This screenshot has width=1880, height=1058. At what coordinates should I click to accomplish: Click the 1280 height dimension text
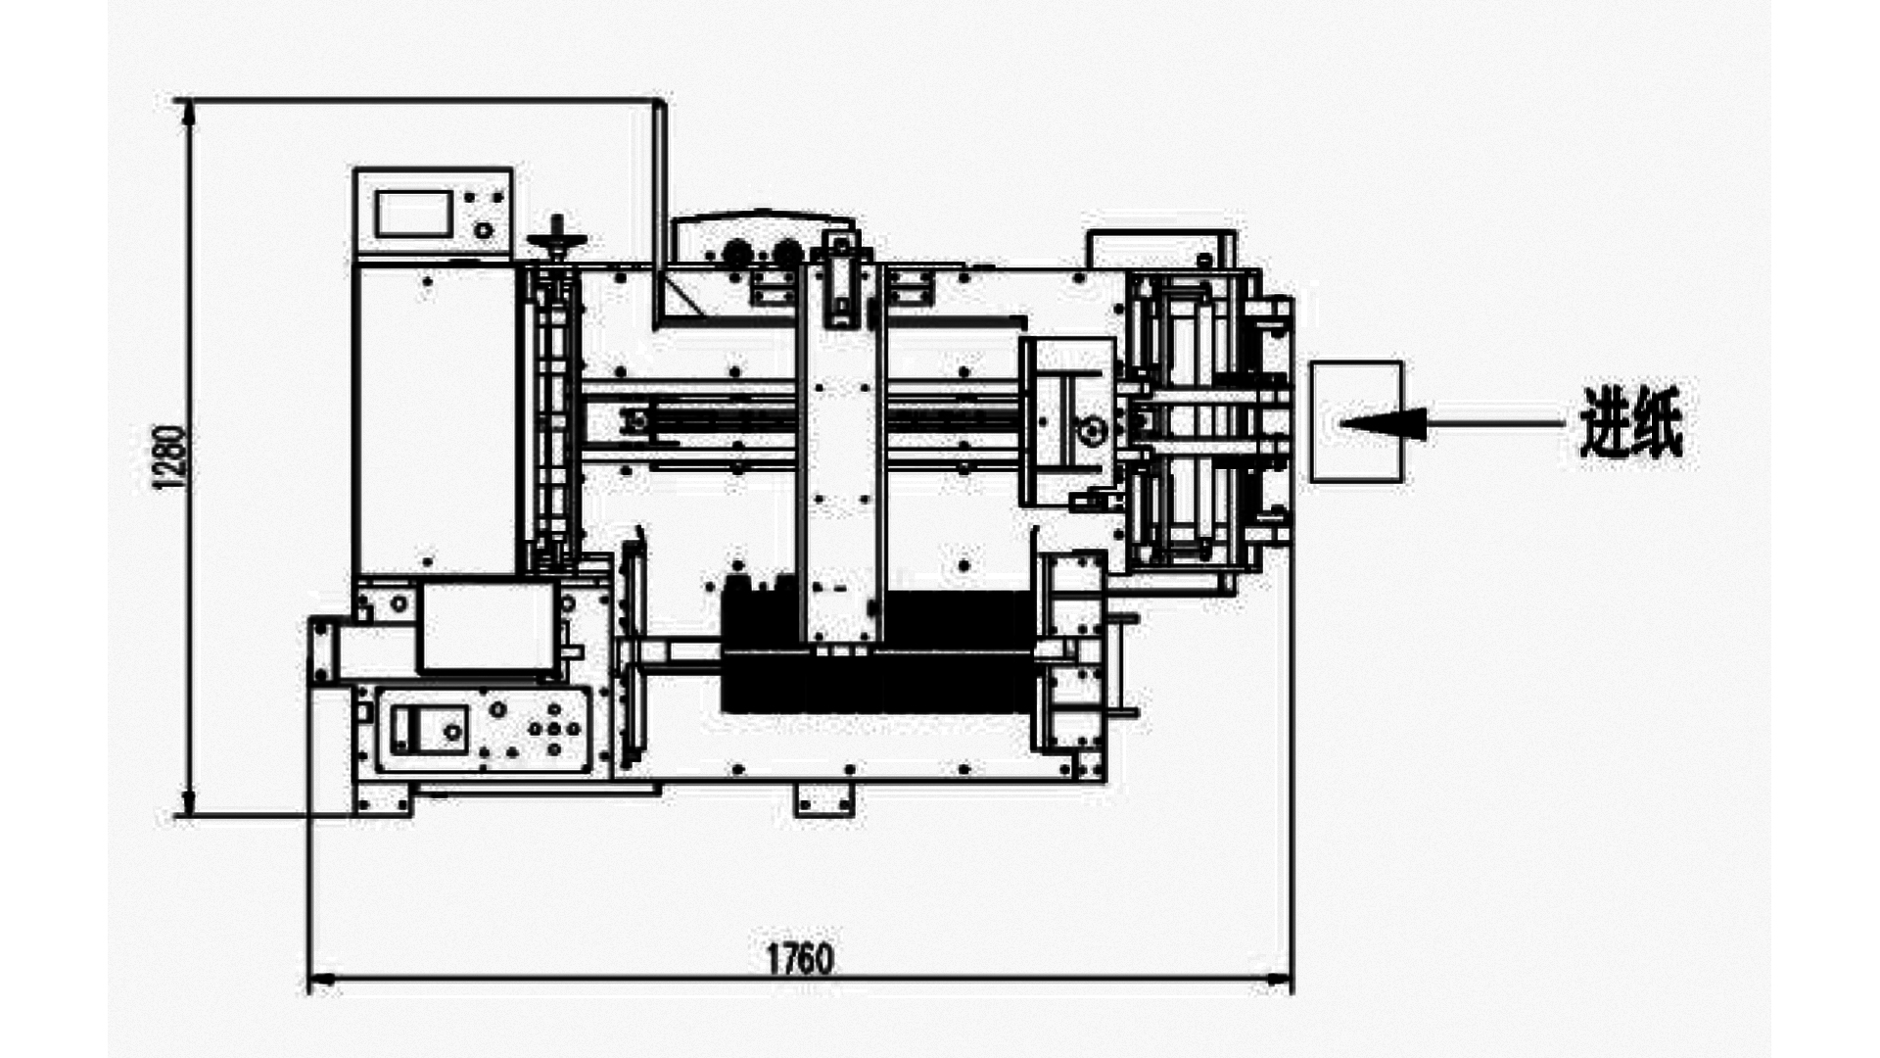(x=168, y=457)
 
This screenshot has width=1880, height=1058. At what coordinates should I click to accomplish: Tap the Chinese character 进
(x=1606, y=422)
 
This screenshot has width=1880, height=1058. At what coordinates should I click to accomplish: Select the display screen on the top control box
(x=413, y=214)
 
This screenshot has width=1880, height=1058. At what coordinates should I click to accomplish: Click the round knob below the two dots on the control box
(x=482, y=231)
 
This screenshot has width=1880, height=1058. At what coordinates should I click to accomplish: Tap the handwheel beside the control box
(x=556, y=239)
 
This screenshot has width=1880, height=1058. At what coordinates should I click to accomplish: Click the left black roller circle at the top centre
(x=731, y=254)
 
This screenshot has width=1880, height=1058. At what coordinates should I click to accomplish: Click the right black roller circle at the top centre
(x=784, y=254)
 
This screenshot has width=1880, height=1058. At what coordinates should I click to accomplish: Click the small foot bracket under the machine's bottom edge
(x=823, y=800)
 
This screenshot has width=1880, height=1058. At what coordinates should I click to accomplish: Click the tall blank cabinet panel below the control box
(x=434, y=421)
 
